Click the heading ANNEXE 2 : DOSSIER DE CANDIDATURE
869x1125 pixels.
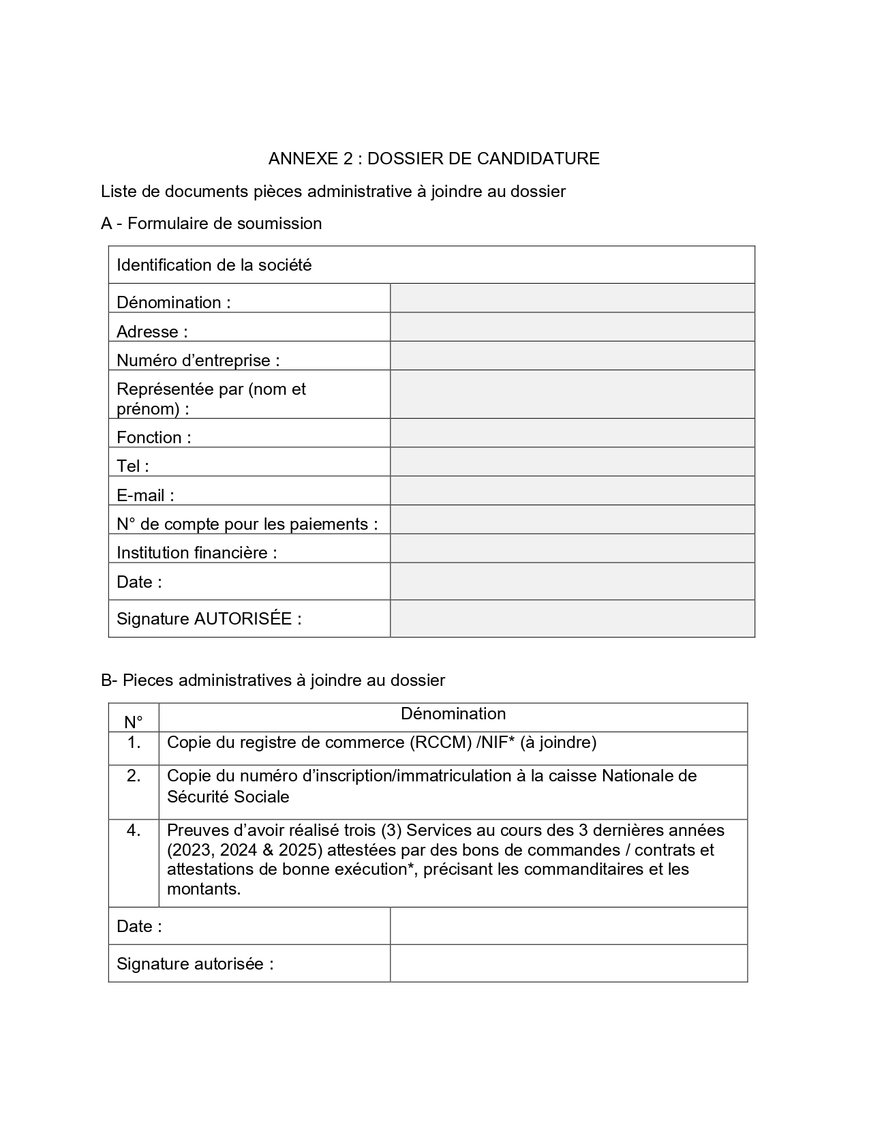[433, 159]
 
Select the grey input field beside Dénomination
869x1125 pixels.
[572, 299]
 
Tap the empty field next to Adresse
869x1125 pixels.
[572, 327]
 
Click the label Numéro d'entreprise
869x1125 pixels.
[198, 360]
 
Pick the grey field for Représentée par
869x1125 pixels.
[572, 394]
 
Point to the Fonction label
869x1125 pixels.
[153, 437]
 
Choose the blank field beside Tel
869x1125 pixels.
[572, 462]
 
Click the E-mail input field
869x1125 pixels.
[572, 490]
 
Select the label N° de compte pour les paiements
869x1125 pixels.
[247, 524]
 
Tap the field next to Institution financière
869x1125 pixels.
[572, 548]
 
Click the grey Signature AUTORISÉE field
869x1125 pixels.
[572, 618]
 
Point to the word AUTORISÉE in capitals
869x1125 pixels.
[243, 618]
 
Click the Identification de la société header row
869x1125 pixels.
[431, 265]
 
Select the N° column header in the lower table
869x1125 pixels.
[134, 722]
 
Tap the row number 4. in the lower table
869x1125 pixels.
[134, 830]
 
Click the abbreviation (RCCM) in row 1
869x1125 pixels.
[440, 742]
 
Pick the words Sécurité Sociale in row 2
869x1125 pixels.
[228, 796]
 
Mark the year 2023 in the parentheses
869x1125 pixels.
[189, 850]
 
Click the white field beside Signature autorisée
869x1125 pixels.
[568, 963]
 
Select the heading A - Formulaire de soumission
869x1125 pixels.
[211, 224]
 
